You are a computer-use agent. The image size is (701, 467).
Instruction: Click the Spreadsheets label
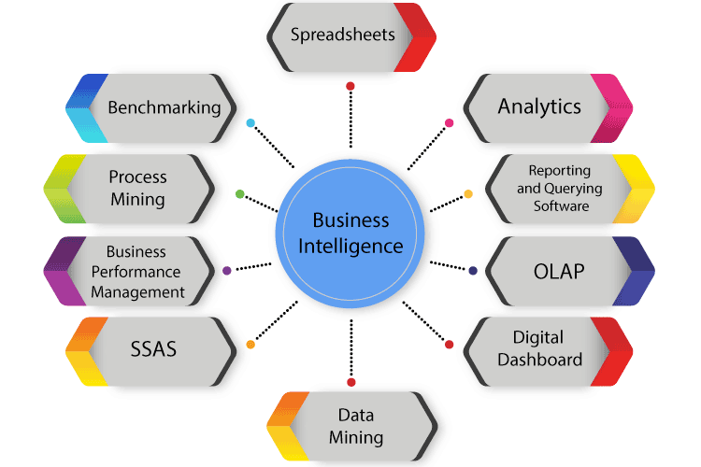(x=342, y=35)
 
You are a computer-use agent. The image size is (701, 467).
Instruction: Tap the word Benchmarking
(x=165, y=106)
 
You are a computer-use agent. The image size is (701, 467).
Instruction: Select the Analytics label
(x=539, y=106)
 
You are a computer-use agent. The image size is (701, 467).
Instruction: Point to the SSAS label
(x=152, y=350)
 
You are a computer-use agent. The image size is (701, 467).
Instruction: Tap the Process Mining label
(x=137, y=187)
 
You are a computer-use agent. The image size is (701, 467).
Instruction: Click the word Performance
(x=136, y=272)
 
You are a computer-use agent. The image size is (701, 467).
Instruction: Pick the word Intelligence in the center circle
(x=352, y=248)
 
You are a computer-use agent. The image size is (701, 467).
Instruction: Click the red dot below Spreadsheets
(x=350, y=86)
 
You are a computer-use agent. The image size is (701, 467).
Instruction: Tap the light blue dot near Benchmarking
(x=250, y=122)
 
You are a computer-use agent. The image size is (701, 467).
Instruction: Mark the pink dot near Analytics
(x=450, y=122)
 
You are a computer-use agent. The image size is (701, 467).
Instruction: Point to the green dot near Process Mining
(x=240, y=194)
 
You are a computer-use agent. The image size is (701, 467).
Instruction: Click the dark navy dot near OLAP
(x=473, y=271)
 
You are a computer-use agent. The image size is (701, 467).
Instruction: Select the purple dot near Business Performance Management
(x=227, y=271)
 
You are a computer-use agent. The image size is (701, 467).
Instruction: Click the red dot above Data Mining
(x=350, y=382)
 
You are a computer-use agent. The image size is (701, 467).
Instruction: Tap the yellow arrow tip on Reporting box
(x=641, y=189)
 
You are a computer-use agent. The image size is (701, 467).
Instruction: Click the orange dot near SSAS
(x=250, y=345)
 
